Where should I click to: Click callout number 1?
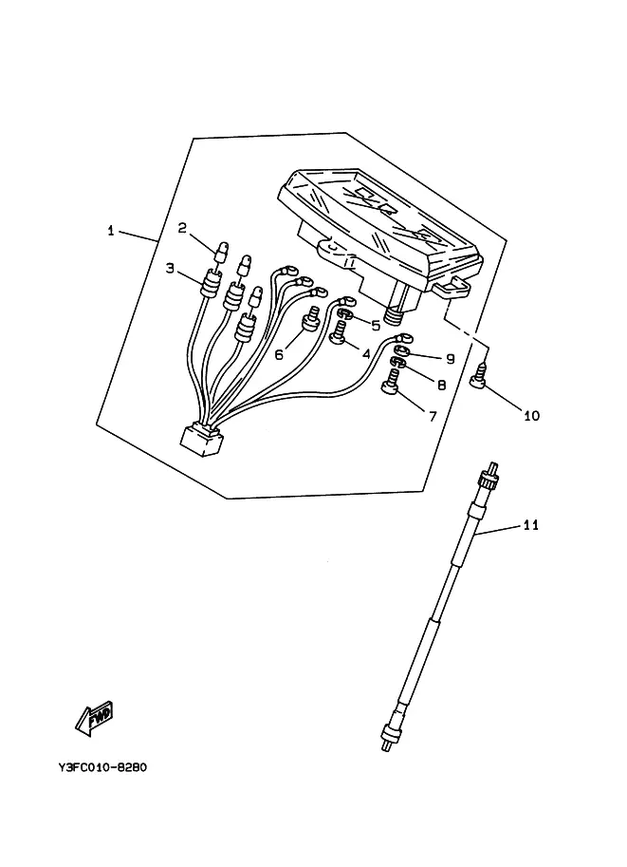click(x=110, y=231)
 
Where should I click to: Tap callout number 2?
click(x=182, y=228)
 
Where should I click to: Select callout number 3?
click(x=170, y=269)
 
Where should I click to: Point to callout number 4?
click(x=366, y=353)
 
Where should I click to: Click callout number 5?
click(x=376, y=326)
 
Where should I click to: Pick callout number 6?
click(x=279, y=354)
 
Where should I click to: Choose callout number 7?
click(x=433, y=416)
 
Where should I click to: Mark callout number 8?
click(x=441, y=385)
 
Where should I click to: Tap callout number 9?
click(x=451, y=359)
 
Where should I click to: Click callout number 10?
click(x=531, y=415)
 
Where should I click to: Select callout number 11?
click(x=531, y=525)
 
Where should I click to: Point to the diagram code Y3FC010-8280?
click(x=102, y=767)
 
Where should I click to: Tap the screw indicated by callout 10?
click(x=478, y=377)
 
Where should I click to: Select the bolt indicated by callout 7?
click(x=392, y=384)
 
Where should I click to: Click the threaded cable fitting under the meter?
click(x=394, y=315)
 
